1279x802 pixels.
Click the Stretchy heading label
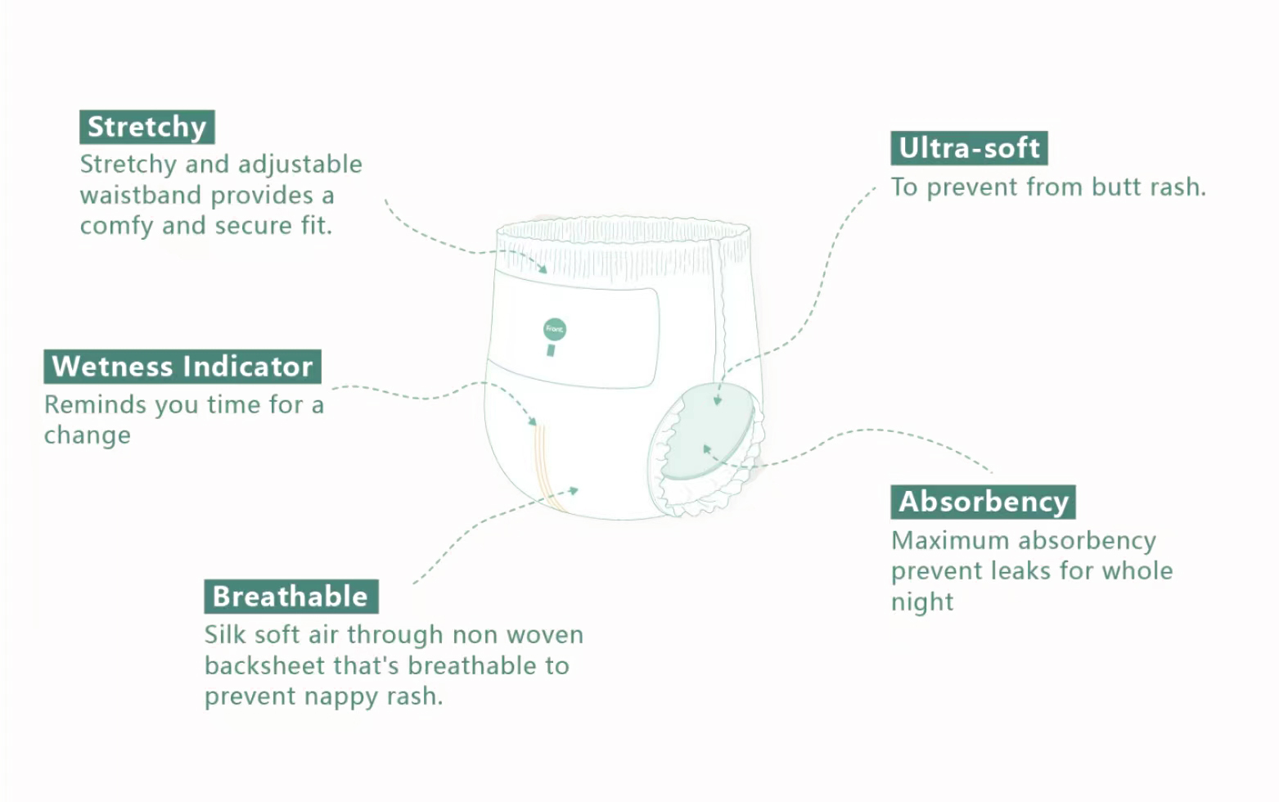click(x=147, y=127)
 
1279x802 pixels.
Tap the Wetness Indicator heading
click(x=182, y=366)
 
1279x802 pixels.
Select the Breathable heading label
click(x=290, y=597)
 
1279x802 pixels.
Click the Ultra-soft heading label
click(x=969, y=148)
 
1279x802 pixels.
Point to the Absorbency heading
click(x=983, y=502)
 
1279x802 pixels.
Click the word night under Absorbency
click(x=922, y=602)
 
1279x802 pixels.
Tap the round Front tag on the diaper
click(x=554, y=329)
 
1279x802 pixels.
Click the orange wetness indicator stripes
click(x=544, y=466)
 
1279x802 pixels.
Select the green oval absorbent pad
click(x=708, y=434)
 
